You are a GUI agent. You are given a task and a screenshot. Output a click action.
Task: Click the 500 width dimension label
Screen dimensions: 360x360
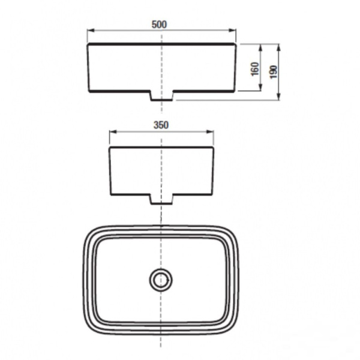tap(159, 25)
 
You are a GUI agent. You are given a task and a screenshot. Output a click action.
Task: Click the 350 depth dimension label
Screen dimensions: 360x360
tap(161, 125)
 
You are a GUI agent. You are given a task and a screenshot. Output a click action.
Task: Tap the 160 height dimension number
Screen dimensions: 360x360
tap(255, 68)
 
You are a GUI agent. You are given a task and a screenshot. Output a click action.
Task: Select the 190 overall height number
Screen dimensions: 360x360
tap(274, 72)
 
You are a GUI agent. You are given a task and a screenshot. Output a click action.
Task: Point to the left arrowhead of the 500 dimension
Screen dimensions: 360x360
tap(91, 31)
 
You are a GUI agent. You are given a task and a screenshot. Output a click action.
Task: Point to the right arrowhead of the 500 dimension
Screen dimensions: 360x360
tap(232, 31)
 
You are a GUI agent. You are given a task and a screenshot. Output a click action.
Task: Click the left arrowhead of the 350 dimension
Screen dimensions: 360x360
tap(113, 131)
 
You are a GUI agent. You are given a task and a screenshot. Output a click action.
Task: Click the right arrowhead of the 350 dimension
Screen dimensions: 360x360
tap(211, 131)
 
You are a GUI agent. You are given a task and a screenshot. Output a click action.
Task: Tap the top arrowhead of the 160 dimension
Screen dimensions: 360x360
tap(260, 47)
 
